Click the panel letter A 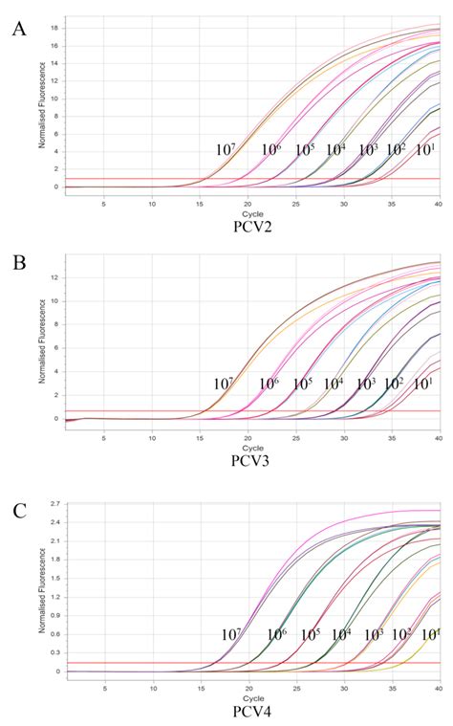point(18,29)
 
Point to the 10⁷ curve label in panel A point(226,150)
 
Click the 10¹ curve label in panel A point(425,150)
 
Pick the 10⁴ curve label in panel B point(333,385)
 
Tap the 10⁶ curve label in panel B point(270,385)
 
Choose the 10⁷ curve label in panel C point(230,634)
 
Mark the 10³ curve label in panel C point(374,634)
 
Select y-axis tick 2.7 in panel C point(55,503)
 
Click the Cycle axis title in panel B point(251,447)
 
